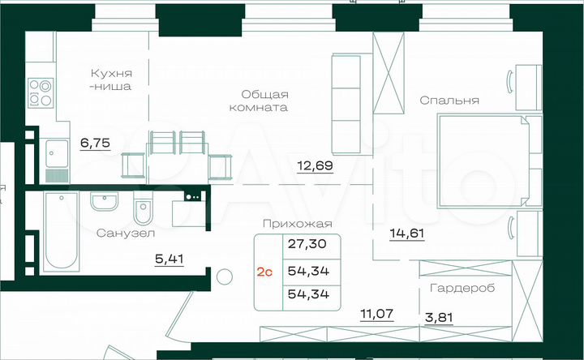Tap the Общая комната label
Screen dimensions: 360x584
click(259, 100)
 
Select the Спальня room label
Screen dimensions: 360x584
click(449, 101)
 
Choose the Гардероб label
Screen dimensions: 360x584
click(459, 287)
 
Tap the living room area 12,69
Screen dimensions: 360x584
click(315, 168)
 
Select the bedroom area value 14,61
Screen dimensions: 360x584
click(406, 234)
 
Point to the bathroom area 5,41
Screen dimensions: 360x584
click(168, 259)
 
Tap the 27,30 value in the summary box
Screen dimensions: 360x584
click(303, 243)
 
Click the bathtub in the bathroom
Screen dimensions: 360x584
click(58, 233)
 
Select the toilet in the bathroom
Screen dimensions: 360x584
click(143, 212)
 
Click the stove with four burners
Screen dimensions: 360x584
click(39, 92)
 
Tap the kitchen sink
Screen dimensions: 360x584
click(57, 151)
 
